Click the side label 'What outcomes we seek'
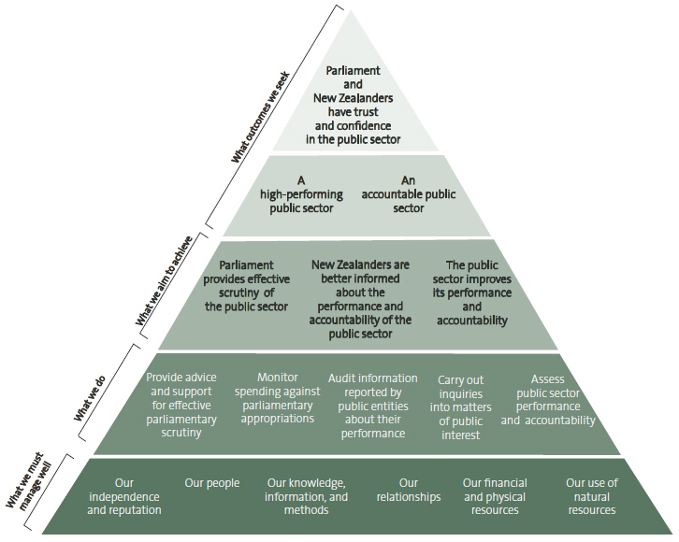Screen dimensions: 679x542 coord(261,117)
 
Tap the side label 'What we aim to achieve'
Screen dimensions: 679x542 coord(164,280)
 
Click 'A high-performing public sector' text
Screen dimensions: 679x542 coord(301,194)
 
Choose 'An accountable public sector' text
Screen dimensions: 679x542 coord(409,194)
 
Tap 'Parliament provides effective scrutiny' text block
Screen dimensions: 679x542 coord(246,286)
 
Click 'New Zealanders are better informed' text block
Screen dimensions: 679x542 coord(360,299)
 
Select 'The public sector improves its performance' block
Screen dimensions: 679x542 coord(472,292)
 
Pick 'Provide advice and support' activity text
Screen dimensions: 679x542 coord(181,405)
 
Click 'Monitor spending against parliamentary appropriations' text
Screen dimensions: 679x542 coord(278,398)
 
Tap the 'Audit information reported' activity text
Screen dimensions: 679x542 coord(373,406)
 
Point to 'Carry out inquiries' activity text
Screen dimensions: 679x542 coord(460,407)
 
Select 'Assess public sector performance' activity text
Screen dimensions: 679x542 coord(548,400)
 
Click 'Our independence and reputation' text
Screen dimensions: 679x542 coord(124,496)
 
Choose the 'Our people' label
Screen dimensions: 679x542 coord(212,483)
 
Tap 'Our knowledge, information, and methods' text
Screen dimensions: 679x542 coord(306,496)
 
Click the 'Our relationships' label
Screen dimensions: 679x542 coord(409,490)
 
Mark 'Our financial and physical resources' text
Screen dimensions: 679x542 coord(495,496)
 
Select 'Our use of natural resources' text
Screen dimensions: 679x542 coord(592,496)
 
